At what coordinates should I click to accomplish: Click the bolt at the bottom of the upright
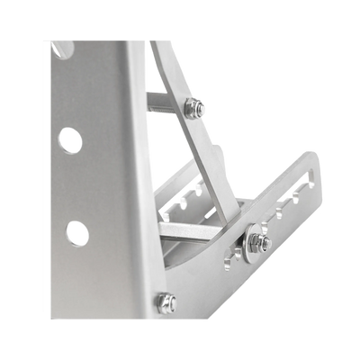click(166, 302)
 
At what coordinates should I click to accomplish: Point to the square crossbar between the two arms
click(193, 230)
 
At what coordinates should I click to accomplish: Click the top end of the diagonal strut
click(162, 49)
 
